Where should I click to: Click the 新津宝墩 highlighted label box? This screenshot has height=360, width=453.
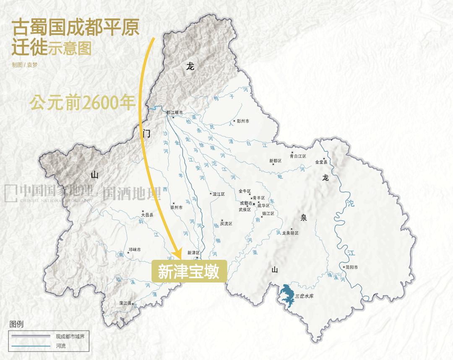(189, 272)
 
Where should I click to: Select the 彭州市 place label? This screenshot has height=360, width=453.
(243, 121)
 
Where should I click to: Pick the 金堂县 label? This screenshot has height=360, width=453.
(321, 162)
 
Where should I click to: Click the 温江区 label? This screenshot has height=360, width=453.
(219, 194)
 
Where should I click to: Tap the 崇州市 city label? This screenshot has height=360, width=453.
(176, 207)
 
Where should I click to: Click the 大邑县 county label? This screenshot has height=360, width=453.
(147, 215)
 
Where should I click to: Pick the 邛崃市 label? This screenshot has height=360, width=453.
(135, 250)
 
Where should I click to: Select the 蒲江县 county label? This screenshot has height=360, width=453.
(125, 303)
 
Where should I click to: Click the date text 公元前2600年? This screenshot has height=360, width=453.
(82, 103)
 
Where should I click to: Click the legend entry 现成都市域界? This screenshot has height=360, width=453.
(70, 336)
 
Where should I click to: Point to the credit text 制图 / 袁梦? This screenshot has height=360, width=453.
(25, 65)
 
